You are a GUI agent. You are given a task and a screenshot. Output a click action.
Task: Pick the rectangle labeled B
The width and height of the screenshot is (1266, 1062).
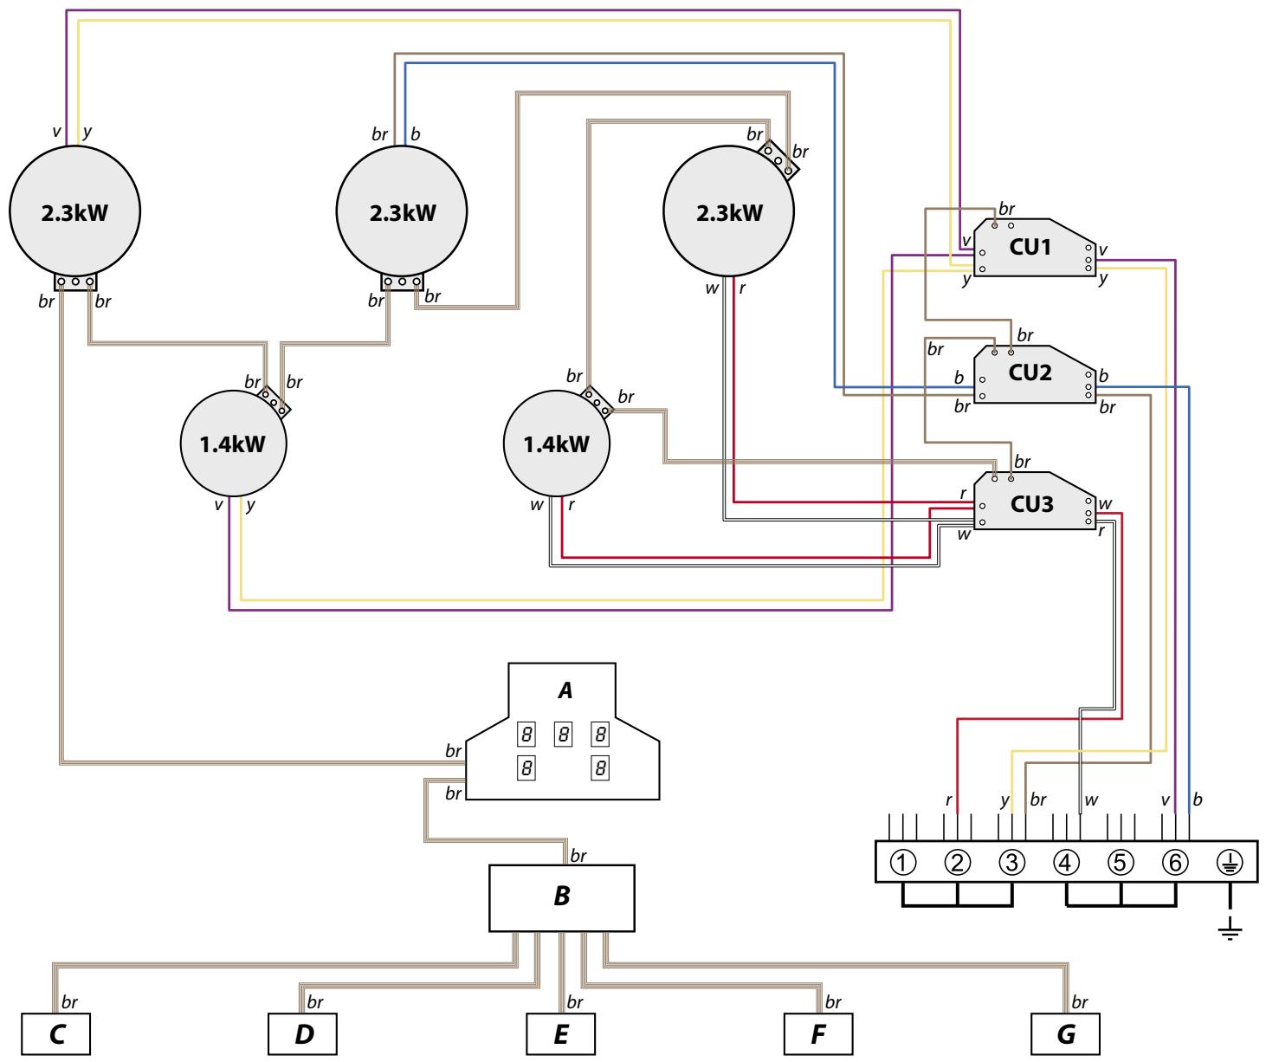[x=562, y=897]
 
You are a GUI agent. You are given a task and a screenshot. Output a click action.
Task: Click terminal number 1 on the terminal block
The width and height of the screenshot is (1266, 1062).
[x=903, y=862]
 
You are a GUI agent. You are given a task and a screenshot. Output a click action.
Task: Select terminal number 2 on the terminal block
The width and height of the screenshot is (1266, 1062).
[x=958, y=862]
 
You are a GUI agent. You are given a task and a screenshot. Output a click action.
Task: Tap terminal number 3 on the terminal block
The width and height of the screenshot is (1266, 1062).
[x=1011, y=862]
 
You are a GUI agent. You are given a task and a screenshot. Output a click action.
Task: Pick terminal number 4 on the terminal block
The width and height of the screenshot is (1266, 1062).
[x=1066, y=862]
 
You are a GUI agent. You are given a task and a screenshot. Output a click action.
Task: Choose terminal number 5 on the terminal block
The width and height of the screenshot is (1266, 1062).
[x=1121, y=862]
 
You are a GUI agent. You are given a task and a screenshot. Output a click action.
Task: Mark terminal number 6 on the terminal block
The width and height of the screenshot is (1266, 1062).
[x=1174, y=862]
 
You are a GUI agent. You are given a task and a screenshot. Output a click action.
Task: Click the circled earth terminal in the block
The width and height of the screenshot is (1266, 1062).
[x=1230, y=862]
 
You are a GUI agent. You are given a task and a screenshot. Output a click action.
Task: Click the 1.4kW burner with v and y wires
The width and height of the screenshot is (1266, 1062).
[x=233, y=444]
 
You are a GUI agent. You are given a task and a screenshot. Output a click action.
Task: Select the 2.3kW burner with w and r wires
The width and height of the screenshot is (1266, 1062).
[x=728, y=212]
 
